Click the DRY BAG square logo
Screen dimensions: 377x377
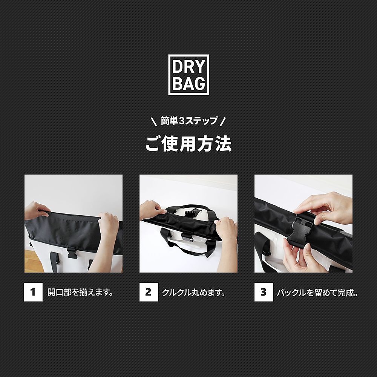pos(188,74)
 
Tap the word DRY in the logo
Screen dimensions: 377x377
pos(188,67)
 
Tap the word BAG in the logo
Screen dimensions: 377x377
pos(188,83)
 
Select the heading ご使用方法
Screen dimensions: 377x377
pos(188,144)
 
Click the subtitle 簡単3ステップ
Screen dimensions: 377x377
pos(188,121)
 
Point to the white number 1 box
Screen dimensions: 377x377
pos(33,292)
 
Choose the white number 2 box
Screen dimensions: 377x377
pos(148,292)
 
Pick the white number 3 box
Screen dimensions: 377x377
pos(264,292)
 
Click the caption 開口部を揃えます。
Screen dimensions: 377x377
pos(81,293)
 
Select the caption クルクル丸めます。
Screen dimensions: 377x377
pos(194,293)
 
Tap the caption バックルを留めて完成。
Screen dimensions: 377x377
pos(317,293)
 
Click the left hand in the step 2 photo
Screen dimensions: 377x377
pos(153,209)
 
